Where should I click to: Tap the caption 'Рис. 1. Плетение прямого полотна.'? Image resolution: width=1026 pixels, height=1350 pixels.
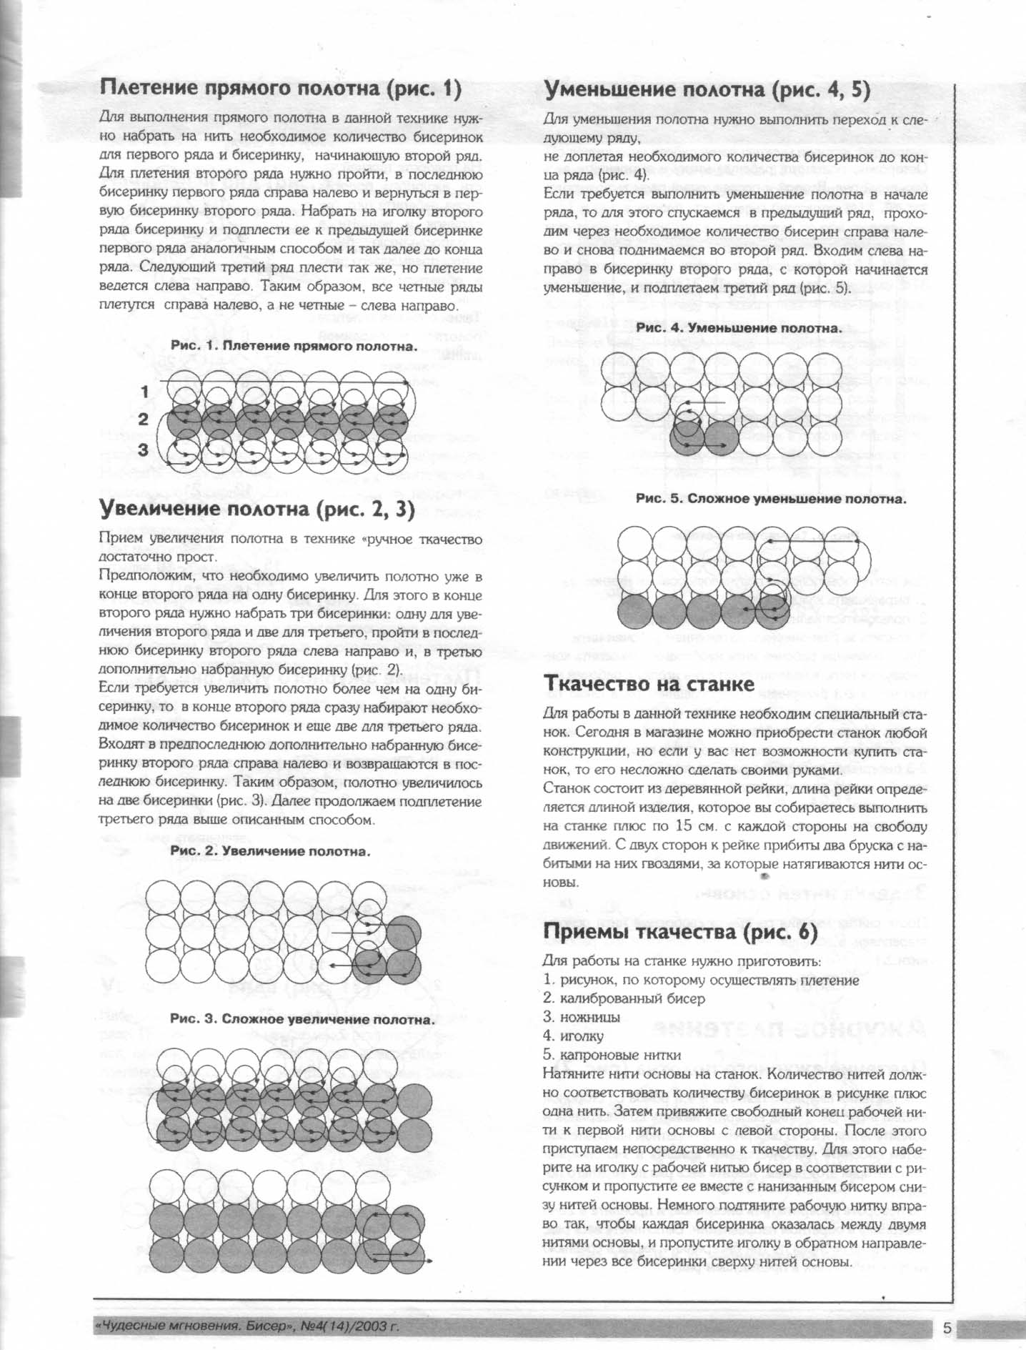click(x=294, y=346)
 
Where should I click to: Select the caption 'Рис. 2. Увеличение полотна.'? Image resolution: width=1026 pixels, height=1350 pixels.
click(x=271, y=852)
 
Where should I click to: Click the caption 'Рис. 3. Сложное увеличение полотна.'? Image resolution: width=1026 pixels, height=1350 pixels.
click(x=302, y=1019)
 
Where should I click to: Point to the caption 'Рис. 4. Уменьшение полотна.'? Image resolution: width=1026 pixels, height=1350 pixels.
click(x=739, y=328)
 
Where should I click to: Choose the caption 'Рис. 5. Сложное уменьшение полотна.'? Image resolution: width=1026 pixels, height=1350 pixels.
click(x=771, y=499)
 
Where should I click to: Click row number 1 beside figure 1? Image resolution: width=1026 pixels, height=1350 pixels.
click(x=144, y=392)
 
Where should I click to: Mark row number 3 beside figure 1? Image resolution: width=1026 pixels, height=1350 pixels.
click(x=143, y=450)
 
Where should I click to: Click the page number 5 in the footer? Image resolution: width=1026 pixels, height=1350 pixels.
click(x=947, y=1329)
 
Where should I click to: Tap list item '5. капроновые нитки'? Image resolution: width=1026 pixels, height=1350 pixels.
click(x=612, y=1055)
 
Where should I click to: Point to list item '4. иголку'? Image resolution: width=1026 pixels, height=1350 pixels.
click(x=573, y=1036)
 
